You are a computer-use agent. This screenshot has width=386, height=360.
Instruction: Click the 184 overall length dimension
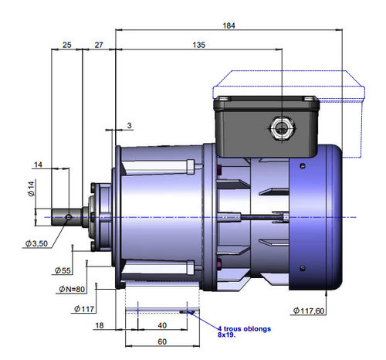coord(229,25)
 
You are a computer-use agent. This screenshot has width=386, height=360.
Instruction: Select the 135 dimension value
coord(199,45)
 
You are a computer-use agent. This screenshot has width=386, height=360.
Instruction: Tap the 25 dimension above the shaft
coord(67,45)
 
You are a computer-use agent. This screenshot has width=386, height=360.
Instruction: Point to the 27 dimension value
coord(99,45)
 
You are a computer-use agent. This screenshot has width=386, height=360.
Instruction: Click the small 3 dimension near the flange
coord(129,125)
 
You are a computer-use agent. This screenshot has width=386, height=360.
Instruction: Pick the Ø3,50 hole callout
coord(36,243)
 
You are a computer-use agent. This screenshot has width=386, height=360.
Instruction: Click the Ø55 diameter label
coord(63,270)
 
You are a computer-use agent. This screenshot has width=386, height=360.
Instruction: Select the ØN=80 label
coord(72,289)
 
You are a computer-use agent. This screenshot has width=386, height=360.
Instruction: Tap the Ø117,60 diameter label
coord(309,311)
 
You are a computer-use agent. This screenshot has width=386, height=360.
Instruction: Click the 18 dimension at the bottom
coord(100,325)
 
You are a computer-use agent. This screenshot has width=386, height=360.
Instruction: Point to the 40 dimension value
coord(162,325)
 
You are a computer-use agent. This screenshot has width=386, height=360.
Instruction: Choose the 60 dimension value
coord(162,341)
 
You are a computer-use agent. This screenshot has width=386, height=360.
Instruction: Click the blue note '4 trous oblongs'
coord(244,329)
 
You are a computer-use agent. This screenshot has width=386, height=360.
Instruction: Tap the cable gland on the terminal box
coord(283,128)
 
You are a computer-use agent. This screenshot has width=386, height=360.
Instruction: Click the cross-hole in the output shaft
coord(69,217)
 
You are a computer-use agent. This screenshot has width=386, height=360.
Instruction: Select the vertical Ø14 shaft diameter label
coord(31,188)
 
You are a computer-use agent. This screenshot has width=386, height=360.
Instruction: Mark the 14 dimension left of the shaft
coord(38,165)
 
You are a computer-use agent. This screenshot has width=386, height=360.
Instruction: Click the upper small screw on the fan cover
coord(303,166)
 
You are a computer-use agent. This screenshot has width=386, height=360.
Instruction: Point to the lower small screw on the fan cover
coord(303,269)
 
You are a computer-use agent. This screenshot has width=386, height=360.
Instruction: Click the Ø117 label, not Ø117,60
coord(84,309)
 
